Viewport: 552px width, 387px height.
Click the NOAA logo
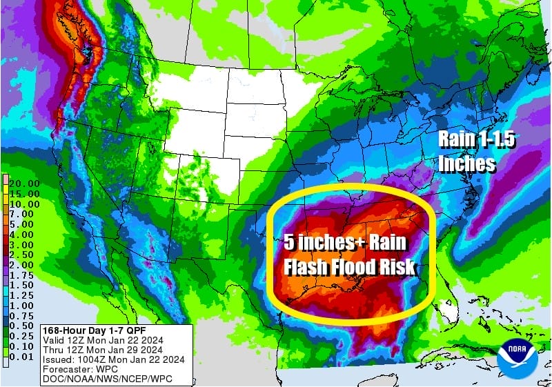click(x=518, y=357)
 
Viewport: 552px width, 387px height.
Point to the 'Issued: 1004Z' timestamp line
click(x=112, y=358)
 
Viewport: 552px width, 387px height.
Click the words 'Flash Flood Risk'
click(x=349, y=266)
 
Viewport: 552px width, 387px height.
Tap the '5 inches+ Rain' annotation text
click(x=345, y=243)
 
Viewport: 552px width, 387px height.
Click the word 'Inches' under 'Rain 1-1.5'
click(x=467, y=163)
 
